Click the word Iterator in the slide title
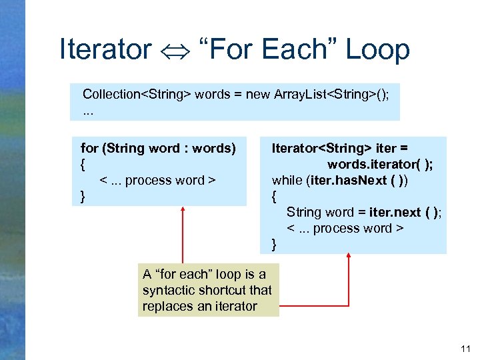(105, 50)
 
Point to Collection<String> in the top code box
(137, 94)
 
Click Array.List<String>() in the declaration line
(331, 94)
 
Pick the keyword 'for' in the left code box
(88, 148)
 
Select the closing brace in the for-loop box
(83, 196)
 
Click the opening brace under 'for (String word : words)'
(83, 164)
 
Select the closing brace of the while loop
(274, 244)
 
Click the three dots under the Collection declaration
(88, 110)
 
